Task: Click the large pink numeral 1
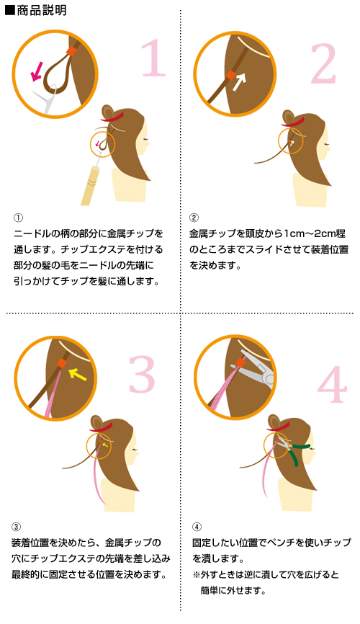tap(154, 58)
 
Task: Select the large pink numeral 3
tap(142, 374)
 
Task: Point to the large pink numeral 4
tap(333, 384)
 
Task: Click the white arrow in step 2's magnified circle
tap(240, 81)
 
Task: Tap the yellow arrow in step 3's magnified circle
tap(78, 374)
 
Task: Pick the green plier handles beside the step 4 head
tap(299, 452)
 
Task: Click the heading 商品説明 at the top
tap(41, 10)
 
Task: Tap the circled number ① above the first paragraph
tap(18, 218)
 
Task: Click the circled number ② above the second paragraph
tap(194, 218)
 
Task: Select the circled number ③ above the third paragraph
tap(16, 527)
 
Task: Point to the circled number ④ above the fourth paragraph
tap(197, 527)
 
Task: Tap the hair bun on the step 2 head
tap(289, 117)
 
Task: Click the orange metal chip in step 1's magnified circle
tap(71, 51)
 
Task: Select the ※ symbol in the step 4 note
tap(196, 576)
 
